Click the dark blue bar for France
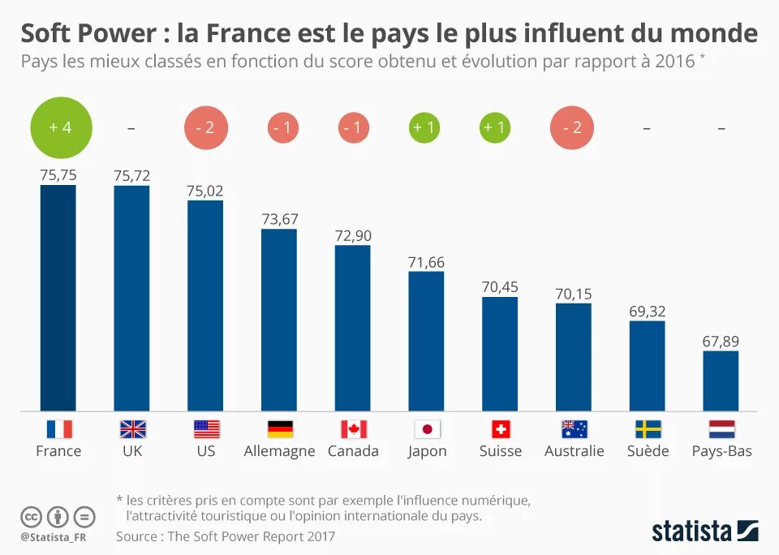[x=58, y=298]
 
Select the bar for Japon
[x=426, y=341]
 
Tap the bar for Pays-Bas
[x=721, y=381]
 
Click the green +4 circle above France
[x=61, y=127]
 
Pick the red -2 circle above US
[x=205, y=128]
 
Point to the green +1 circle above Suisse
[x=495, y=128]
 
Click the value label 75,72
[x=131, y=175]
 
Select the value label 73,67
[x=279, y=218]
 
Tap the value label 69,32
[x=647, y=311]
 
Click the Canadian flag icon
[x=353, y=429]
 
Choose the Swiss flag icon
[x=500, y=429]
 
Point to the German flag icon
[x=280, y=429]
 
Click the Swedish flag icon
[x=648, y=429]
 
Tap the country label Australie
[x=574, y=451]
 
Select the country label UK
[x=131, y=451]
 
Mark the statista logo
[x=704, y=531]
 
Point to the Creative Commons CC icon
[x=31, y=516]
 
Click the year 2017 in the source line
[x=320, y=536]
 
